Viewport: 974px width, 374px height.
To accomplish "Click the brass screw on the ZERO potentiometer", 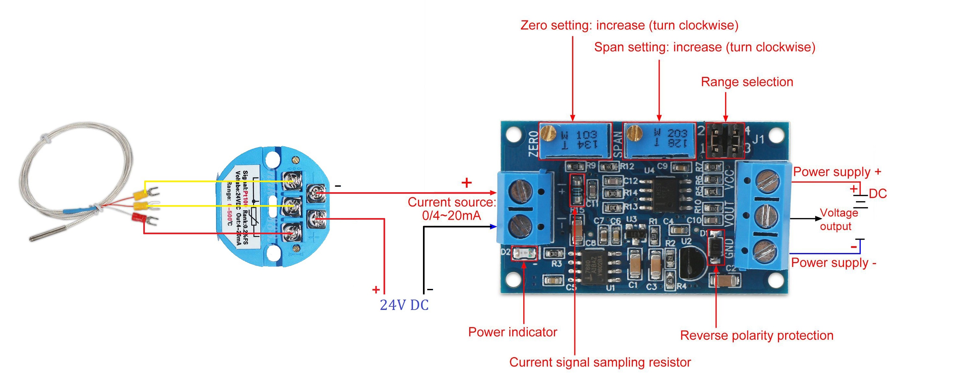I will coord(547,133).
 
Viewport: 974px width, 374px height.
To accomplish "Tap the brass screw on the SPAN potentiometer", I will coord(634,133).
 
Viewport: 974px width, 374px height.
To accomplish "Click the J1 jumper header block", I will coord(725,140).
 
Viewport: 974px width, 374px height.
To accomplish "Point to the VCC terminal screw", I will coord(766,181).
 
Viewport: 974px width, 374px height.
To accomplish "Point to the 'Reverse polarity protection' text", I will coord(757,335).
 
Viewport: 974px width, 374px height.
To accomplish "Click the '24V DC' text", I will coord(404,305).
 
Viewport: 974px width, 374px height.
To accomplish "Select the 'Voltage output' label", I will coord(839,220).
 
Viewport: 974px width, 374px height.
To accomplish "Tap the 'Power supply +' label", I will coord(837,172).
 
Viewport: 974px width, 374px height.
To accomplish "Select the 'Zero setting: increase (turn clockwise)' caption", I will coord(629,25).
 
